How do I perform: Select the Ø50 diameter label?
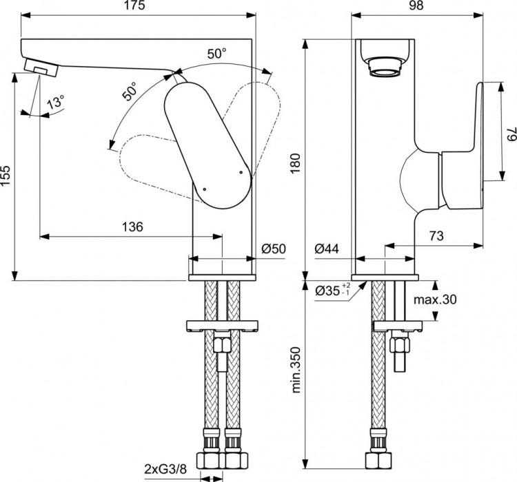click(x=273, y=249)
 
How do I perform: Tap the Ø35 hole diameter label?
click(x=331, y=291)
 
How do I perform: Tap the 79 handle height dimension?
click(x=509, y=136)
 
